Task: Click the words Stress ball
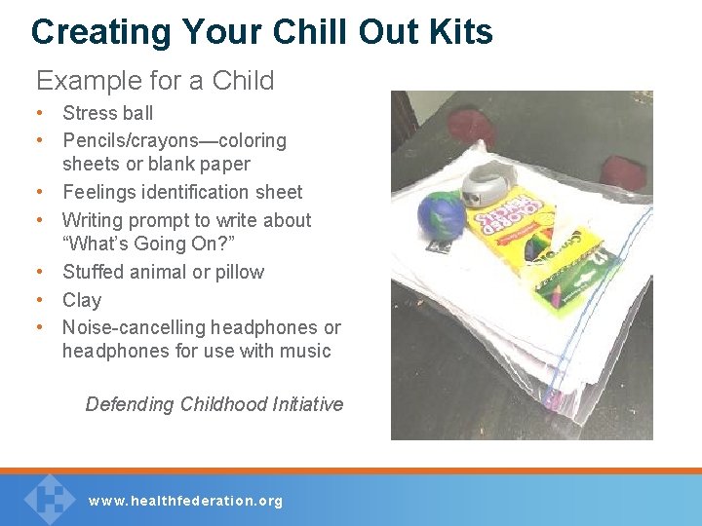coord(107,113)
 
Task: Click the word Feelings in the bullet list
coord(102,192)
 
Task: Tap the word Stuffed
coord(95,272)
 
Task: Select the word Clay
coord(82,300)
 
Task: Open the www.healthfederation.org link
coord(185,501)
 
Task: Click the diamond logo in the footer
coord(49,497)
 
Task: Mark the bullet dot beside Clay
coord(42,300)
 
